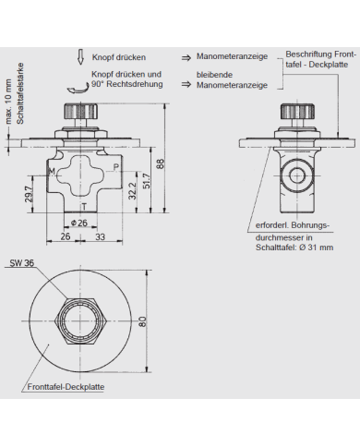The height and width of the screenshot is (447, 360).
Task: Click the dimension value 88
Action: [x=161, y=163]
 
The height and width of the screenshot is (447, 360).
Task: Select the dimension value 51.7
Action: [x=145, y=179]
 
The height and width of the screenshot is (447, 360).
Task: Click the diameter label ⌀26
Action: [x=80, y=223]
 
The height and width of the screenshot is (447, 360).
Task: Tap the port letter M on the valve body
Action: [x=52, y=172]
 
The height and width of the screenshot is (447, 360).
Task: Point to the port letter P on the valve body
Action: [x=114, y=167]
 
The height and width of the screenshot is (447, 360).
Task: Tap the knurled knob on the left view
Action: [x=83, y=112]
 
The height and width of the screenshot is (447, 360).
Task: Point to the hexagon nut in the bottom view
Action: [x=83, y=322]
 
